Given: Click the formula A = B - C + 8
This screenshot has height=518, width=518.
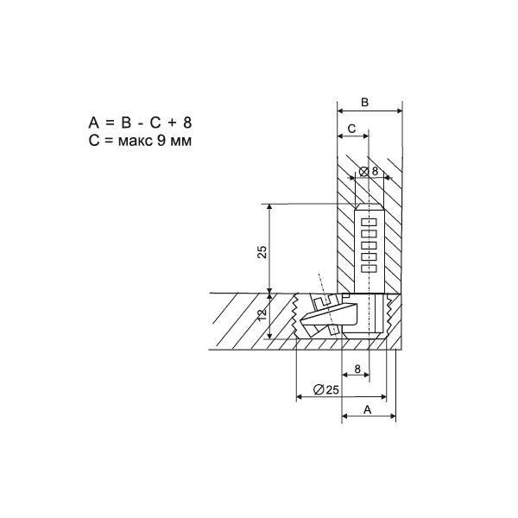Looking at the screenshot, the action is [140, 123].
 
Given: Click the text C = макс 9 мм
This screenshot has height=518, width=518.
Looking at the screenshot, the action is [140, 141].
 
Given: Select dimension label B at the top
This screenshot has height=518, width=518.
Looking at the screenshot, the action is [364, 103].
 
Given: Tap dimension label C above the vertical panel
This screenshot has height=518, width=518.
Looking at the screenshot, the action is [352, 129].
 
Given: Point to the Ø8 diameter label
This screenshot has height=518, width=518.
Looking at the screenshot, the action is [369, 172].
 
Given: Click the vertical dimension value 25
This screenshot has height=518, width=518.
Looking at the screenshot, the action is [262, 252].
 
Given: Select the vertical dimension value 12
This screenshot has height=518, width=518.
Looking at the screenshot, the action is [262, 314].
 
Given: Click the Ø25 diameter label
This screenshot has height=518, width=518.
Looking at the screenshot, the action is [326, 390].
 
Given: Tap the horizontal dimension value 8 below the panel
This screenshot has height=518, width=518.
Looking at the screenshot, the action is [357, 369].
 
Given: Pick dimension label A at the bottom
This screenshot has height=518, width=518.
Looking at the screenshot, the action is [368, 409].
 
